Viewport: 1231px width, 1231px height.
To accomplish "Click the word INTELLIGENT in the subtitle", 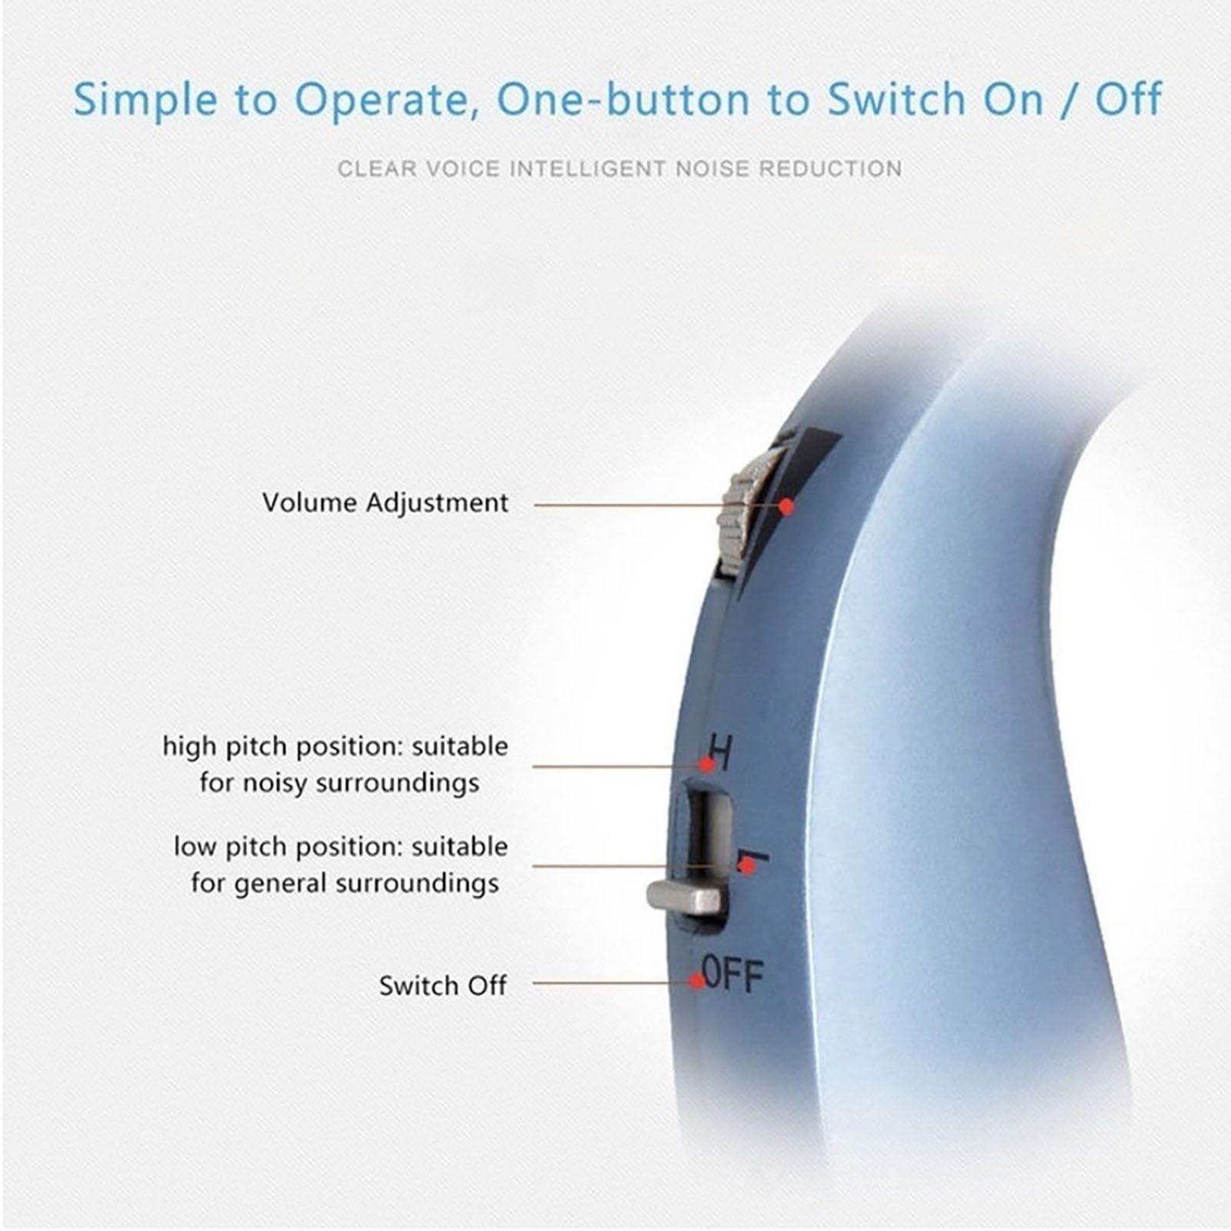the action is [589, 168].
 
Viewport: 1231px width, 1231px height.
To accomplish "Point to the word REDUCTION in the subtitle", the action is [831, 168].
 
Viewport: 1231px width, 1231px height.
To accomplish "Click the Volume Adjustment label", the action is [385, 503].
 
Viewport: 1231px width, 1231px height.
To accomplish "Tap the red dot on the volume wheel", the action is [786, 506].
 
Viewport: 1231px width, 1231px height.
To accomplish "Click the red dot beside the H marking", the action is [706, 765].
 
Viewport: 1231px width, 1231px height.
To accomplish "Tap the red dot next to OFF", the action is [697, 981].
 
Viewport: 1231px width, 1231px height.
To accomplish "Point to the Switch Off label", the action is [442, 986].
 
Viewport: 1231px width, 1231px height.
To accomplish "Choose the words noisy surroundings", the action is [397, 783].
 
